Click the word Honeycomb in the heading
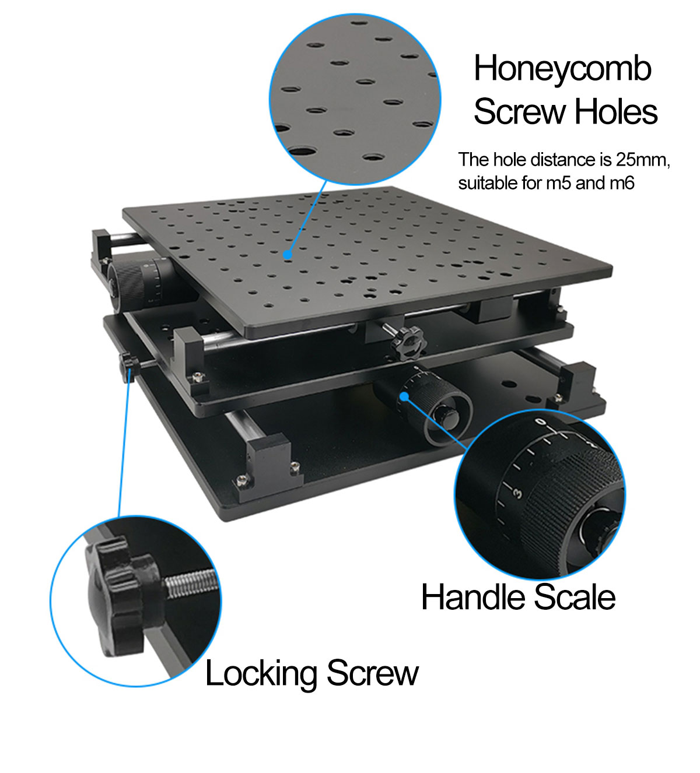(x=563, y=69)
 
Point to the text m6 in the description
(x=622, y=183)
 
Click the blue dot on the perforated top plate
(x=288, y=255)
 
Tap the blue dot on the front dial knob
(x=404, y=396)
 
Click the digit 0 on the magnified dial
(x=541, y=422)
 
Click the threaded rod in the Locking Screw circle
(x=192, y=585)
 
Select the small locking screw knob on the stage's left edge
(x=129, y=367)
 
